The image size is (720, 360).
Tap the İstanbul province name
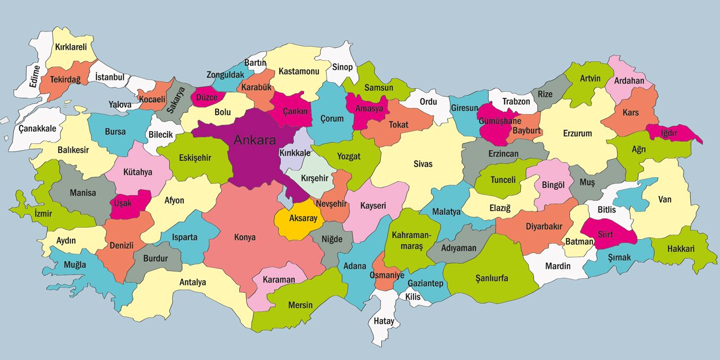click(x=109, y=77)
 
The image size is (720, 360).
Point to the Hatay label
click(x=384, y=321)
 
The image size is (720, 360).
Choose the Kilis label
click(x=413, y=296)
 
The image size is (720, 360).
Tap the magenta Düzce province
click(x=206, y=97)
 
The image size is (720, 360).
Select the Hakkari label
click(x=681, y=249)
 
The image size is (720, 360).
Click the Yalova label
click(x=120, y=105)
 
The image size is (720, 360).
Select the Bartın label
click(x=255, y=63)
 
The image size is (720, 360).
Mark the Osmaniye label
click(x=386, y=276)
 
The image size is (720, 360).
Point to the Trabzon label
click(x=516, y=101)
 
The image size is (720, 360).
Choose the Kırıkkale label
click(x=295, y=153)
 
